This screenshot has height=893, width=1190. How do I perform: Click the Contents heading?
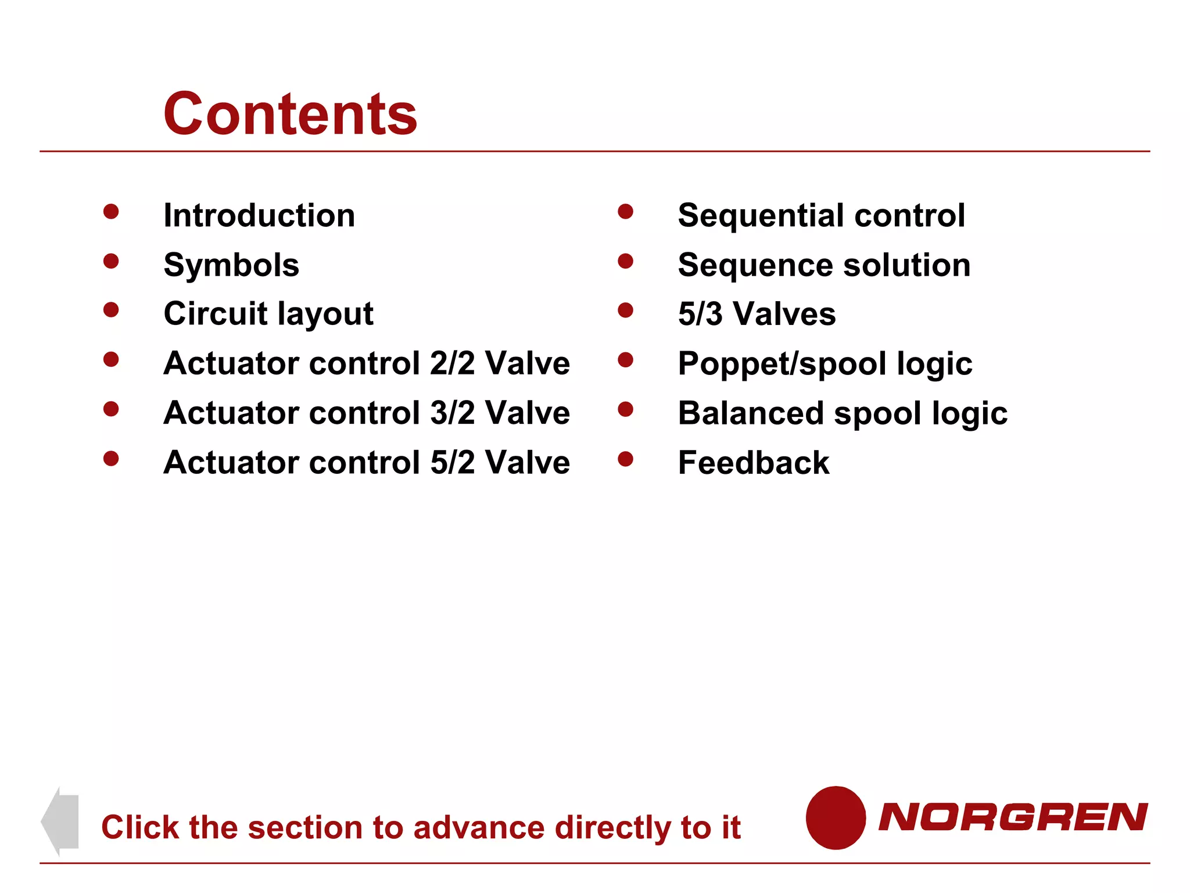click(x=291, y=115)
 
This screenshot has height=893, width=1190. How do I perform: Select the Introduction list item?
click(x=259, y=216)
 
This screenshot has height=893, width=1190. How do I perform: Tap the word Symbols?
click(x=231, y=265)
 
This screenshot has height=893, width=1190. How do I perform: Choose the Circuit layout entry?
click(x=268, y=314)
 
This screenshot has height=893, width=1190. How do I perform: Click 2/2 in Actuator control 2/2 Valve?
click(x=452, y=363)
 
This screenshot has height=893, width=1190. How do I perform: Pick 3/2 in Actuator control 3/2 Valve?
click(x=452, y=413)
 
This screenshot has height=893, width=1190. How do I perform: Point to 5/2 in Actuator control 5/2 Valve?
click(x=452, y=463)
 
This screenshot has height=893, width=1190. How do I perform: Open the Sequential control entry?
click(x=821, y=216)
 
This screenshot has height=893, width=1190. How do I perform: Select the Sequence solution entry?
click(x=824, y=265)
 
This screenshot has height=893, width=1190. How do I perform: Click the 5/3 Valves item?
click(x=757, y=314)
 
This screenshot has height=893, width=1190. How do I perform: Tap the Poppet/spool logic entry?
click(x=825, y=364)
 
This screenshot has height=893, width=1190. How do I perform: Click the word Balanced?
click(x=751, y=413)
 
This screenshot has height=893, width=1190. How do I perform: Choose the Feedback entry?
click(x=754, y=463)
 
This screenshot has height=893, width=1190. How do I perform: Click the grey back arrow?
click(x=60, y=821)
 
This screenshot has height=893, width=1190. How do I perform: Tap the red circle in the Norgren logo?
click(x=836, y=817)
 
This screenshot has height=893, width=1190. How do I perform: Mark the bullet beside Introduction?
click(x=111, y=212)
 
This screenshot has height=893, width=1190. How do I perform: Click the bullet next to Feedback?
click(x=625, y=459)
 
